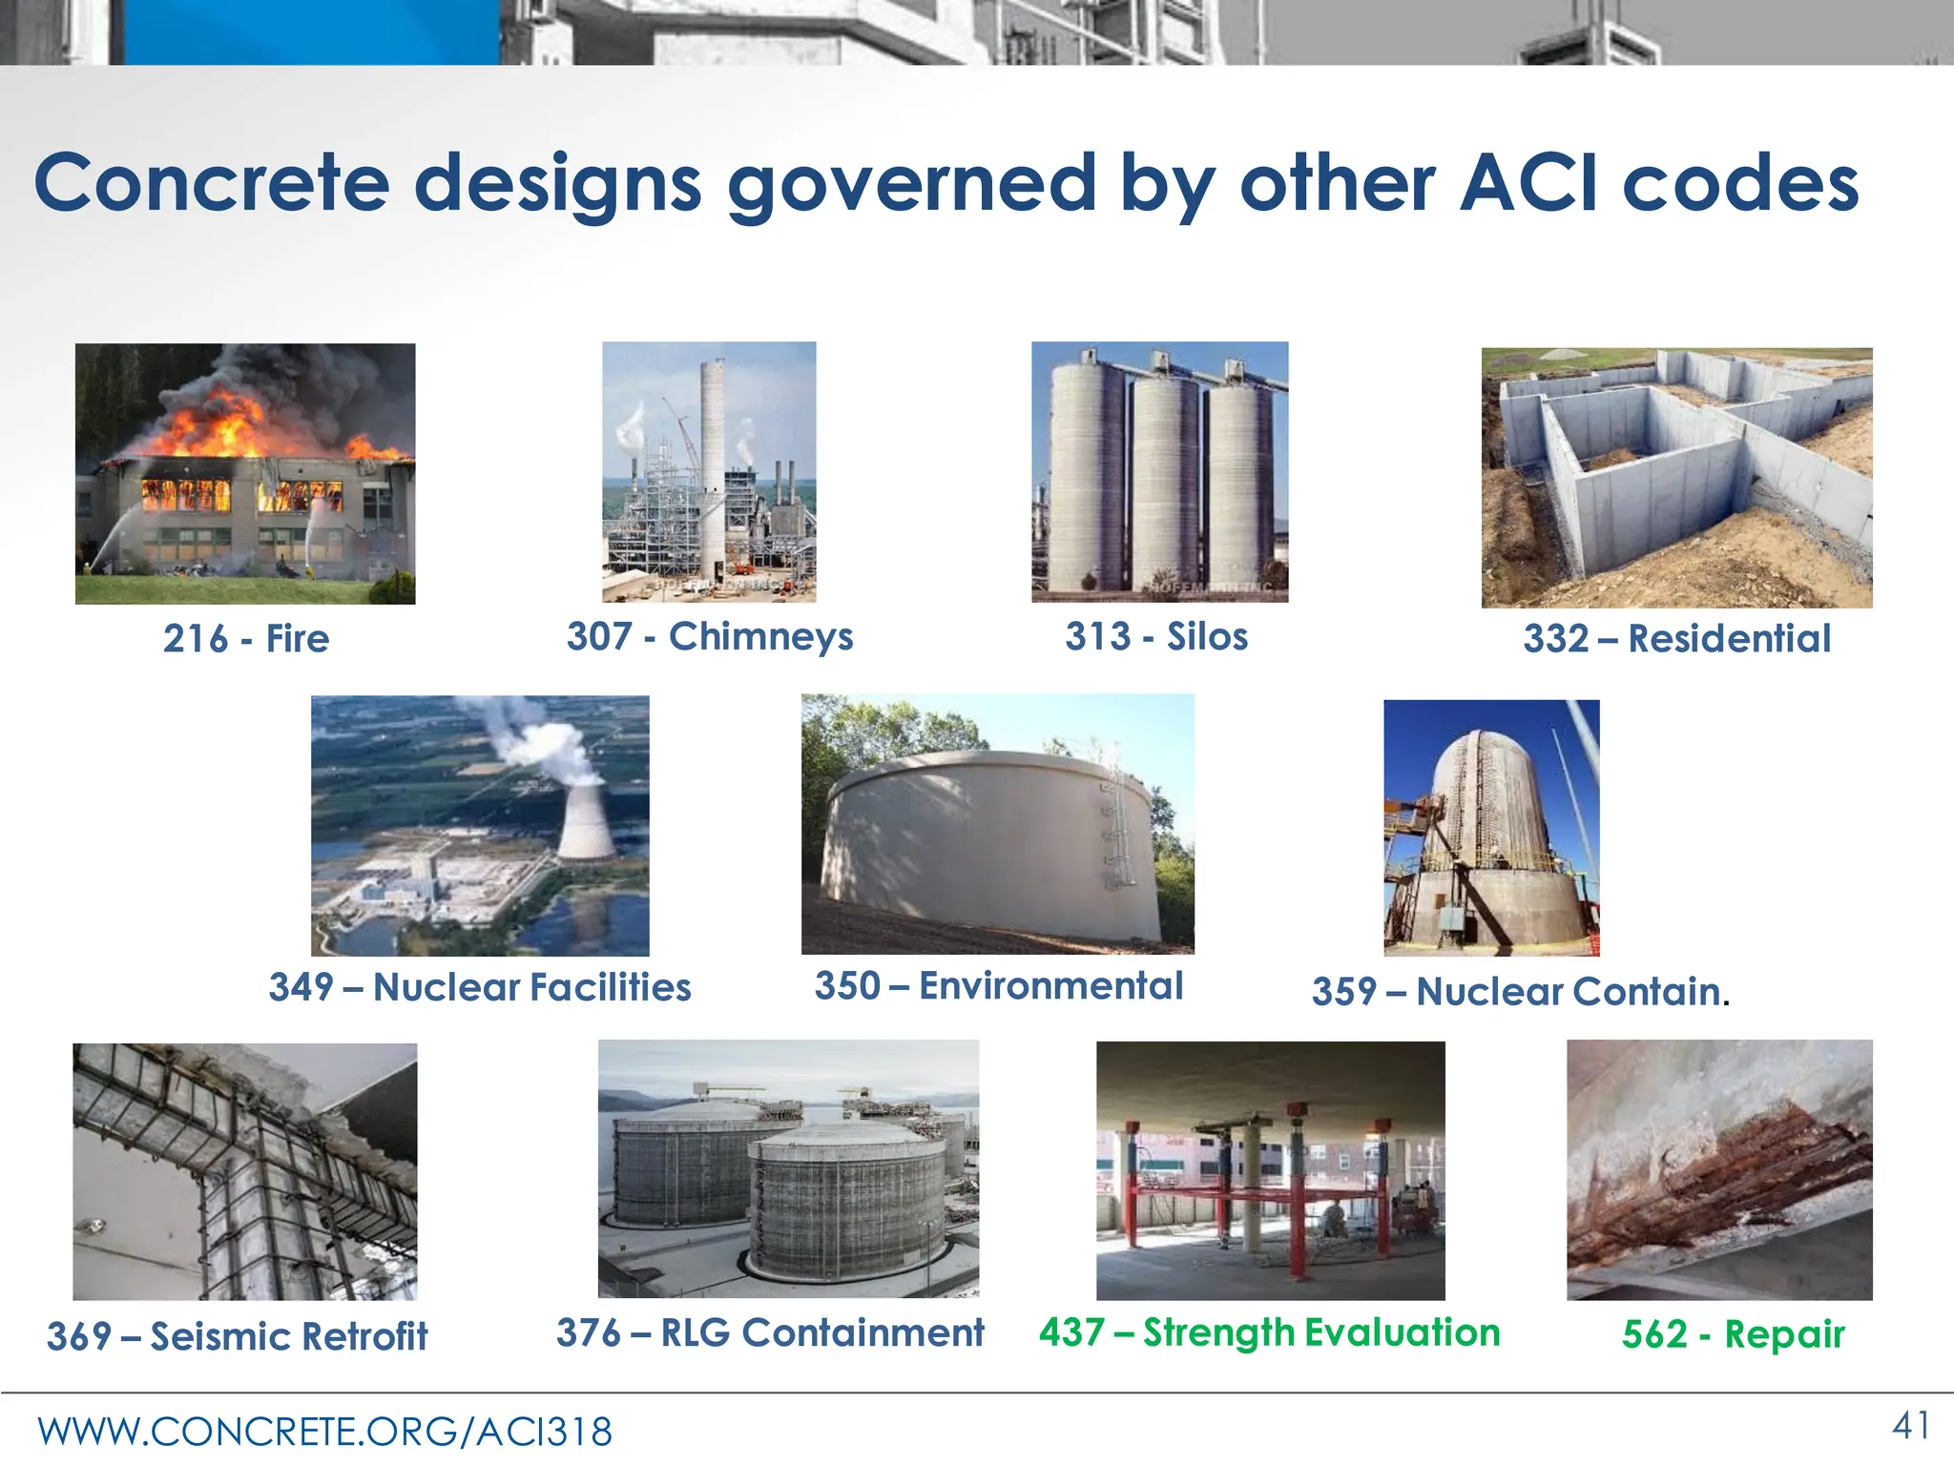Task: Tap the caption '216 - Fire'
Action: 246,638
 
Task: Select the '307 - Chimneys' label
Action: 710,636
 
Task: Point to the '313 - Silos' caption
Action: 1156,636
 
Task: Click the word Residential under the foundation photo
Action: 1729,638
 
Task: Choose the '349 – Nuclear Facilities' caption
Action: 480,987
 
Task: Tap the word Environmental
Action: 1050,985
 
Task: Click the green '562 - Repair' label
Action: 1733,1333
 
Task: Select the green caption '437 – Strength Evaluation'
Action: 1269,1332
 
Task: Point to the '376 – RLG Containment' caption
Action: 770,1332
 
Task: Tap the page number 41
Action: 1911,1426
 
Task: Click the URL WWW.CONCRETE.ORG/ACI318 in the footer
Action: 324,1432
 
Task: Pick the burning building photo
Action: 245,474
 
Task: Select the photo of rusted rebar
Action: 1719,1169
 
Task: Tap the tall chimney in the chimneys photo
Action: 713,448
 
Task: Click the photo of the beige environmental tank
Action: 997,824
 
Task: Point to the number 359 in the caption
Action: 1342,992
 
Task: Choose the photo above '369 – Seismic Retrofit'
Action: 245,1171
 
